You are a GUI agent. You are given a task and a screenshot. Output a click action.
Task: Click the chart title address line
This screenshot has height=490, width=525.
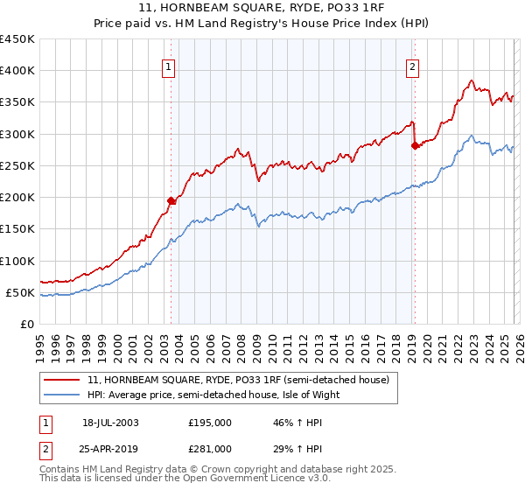[x=262, y=8]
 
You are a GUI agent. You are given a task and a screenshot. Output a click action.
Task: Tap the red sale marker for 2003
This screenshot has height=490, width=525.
[x=171, y=200]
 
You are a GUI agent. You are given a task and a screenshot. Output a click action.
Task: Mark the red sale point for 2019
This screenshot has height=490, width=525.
[x=415, y=146]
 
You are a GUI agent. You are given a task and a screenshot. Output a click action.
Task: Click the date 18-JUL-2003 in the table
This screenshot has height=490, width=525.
[x=110, y=423]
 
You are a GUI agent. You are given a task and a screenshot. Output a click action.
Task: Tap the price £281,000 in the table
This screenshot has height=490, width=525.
[x=210, y=449]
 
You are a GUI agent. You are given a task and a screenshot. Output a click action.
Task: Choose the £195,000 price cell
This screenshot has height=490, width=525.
[x=210, y=423]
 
